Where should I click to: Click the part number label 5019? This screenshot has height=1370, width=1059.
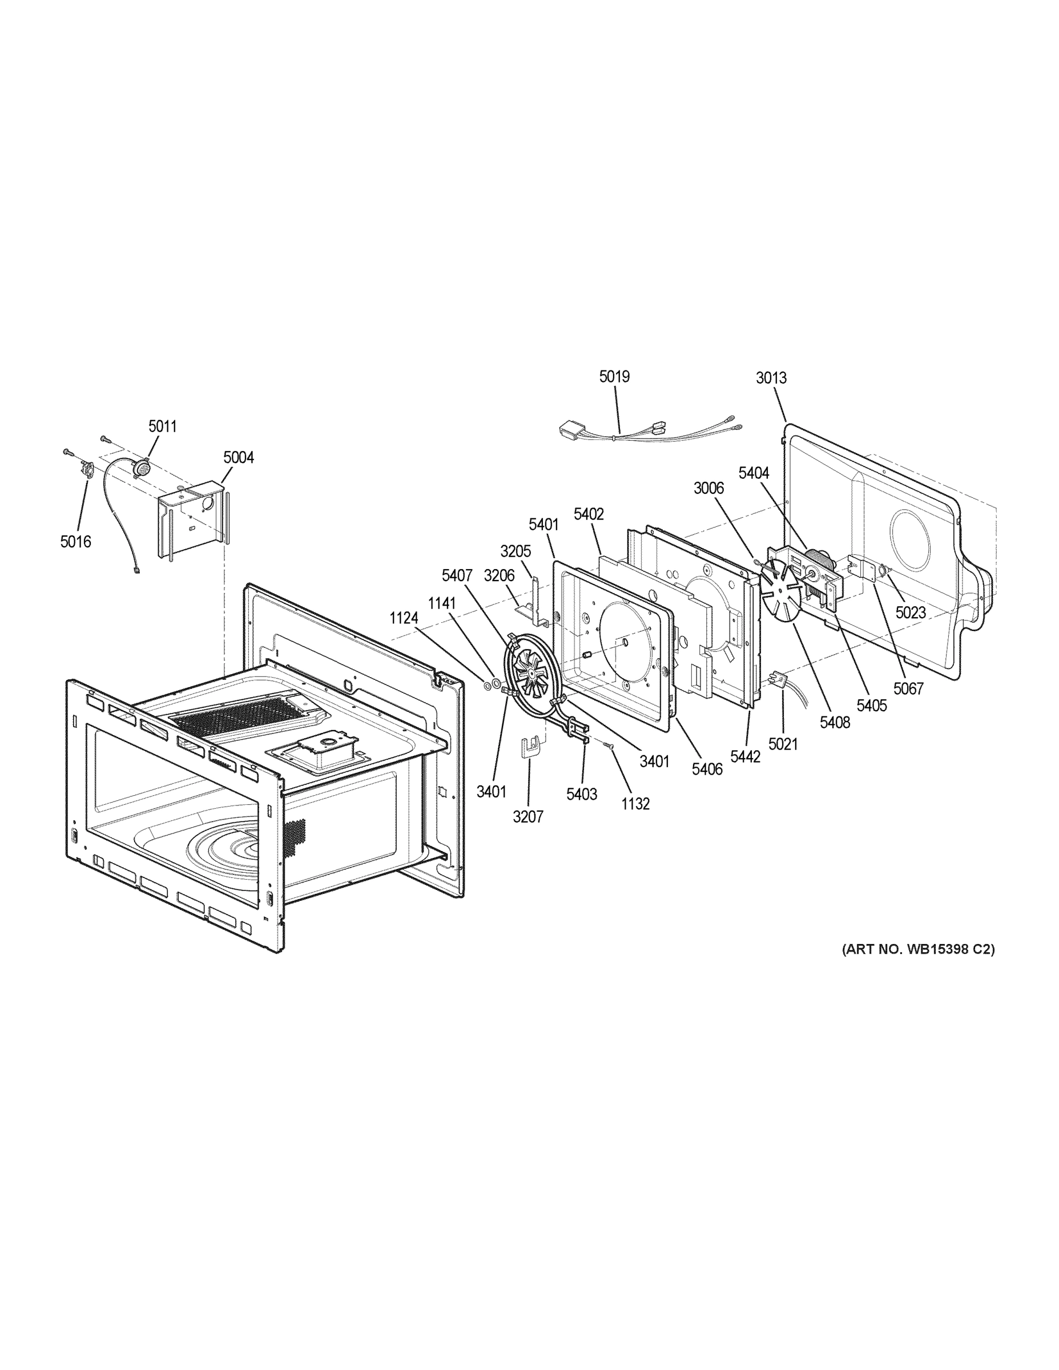(614, 376)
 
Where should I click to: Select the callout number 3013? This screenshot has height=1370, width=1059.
(771, 378)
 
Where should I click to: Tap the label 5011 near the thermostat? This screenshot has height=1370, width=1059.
(163, 426)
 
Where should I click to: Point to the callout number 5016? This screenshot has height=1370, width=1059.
(75, 542)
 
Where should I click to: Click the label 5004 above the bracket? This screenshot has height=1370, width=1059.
(239, 457)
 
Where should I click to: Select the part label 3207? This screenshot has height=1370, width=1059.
(528, 817)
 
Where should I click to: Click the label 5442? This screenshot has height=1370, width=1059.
(746, 756)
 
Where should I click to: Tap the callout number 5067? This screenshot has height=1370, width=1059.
(908, 689)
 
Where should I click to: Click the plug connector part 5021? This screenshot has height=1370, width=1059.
(776, 679)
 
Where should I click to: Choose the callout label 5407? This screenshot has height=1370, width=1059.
(457, 575)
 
